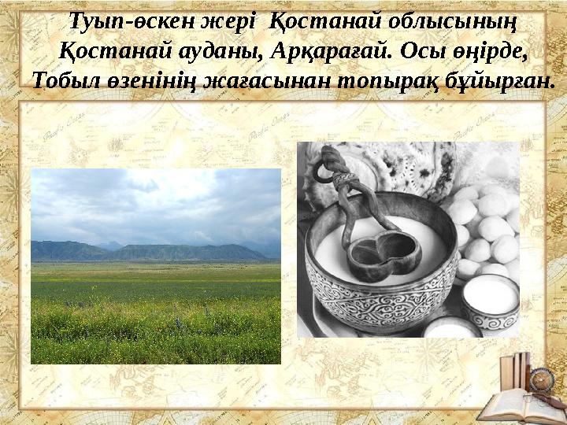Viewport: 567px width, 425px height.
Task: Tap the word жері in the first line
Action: pyautogui.click(x=232, y=21)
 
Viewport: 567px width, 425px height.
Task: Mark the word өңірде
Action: pyautogui.click(x=485, y=51)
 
